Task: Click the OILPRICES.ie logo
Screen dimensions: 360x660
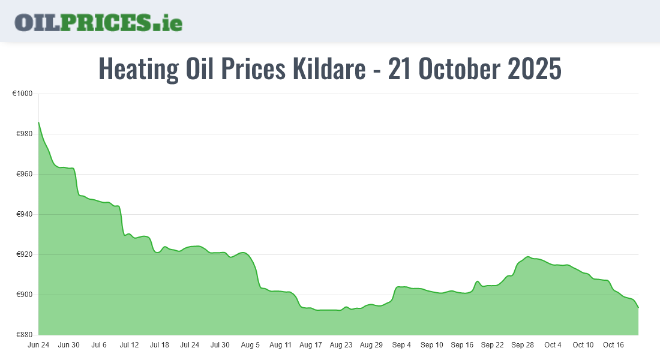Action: (98, 22)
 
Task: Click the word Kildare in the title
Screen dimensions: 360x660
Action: (329, 69)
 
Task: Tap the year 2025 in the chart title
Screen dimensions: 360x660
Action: (535, 69)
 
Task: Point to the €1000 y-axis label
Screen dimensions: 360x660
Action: (22, 94)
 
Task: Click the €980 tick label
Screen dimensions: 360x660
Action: (24, 134)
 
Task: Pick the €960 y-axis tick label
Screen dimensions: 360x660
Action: (24, 175)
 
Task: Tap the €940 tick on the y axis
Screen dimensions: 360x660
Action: (24, 215)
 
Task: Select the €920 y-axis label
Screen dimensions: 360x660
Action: (24, 255)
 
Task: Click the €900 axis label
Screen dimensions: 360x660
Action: (24, 295)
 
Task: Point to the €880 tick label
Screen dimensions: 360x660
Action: (24, 335)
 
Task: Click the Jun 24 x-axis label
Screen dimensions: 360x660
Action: (38, 345)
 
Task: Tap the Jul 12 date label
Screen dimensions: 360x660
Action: (129, 345)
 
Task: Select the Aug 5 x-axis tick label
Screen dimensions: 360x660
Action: (250, 345)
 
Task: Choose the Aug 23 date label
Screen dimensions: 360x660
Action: (341, 345)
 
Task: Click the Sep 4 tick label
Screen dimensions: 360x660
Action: (401, 345)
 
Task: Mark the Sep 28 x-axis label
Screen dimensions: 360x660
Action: (523, 345)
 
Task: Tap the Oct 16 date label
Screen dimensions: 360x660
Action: (613, 345)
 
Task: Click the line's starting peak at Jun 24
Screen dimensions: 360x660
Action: (39, 122)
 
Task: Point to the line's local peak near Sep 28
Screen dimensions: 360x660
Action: (528, 257)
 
